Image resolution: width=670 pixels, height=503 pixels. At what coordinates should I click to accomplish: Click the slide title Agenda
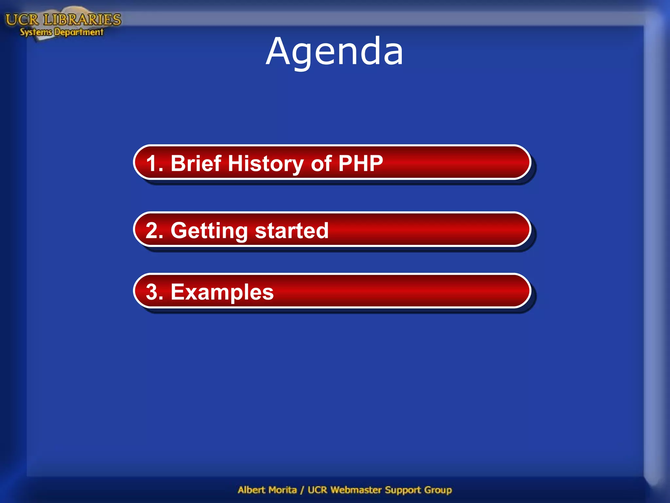(334, 52)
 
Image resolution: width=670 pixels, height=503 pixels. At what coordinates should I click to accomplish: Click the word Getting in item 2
(209, 231)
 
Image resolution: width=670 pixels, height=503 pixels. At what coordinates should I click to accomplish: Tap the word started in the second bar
(291, 231)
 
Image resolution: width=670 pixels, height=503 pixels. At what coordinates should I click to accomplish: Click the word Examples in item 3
(222, 292)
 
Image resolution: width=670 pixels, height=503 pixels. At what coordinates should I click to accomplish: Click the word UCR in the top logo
(22, 20)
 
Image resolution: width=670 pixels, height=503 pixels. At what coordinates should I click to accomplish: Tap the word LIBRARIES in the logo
(82, 20)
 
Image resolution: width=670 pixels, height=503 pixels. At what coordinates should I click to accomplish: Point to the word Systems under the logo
(36, 32)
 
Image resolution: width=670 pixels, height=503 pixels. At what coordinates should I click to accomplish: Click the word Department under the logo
(79, 32)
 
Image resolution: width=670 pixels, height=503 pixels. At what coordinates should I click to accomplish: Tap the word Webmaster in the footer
(356, 490)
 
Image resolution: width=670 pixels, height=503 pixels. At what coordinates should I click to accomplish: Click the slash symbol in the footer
(302, 490)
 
